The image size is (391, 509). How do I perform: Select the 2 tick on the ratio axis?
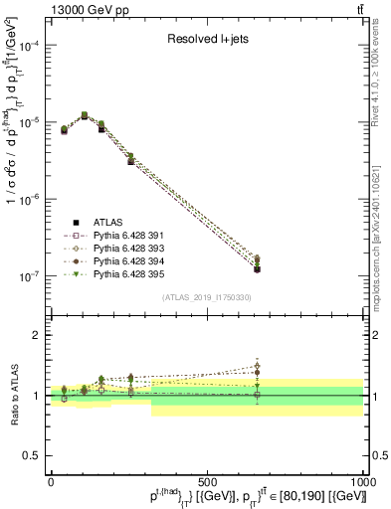pos(35,335)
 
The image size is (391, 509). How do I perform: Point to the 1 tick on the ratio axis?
pos(35,396)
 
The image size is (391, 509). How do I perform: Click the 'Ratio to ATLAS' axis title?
pos(12,395)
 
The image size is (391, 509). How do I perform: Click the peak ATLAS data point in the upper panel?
pos(84,116)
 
